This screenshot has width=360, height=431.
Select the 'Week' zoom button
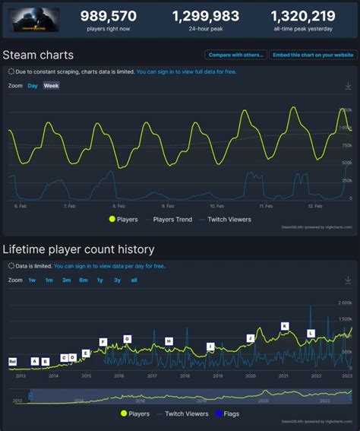[51, 86]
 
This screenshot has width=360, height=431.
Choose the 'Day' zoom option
[33, 86]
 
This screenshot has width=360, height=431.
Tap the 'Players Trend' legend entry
[173, 220]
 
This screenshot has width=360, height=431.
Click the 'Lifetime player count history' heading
[78, 249]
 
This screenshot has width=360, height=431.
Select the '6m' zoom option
[83, 280]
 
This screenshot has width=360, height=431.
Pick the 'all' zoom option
[134, 280]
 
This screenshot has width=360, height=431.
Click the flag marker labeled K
[285, 326]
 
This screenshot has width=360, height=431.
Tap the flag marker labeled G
[127, 339]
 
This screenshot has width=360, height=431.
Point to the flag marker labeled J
[250, 338]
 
